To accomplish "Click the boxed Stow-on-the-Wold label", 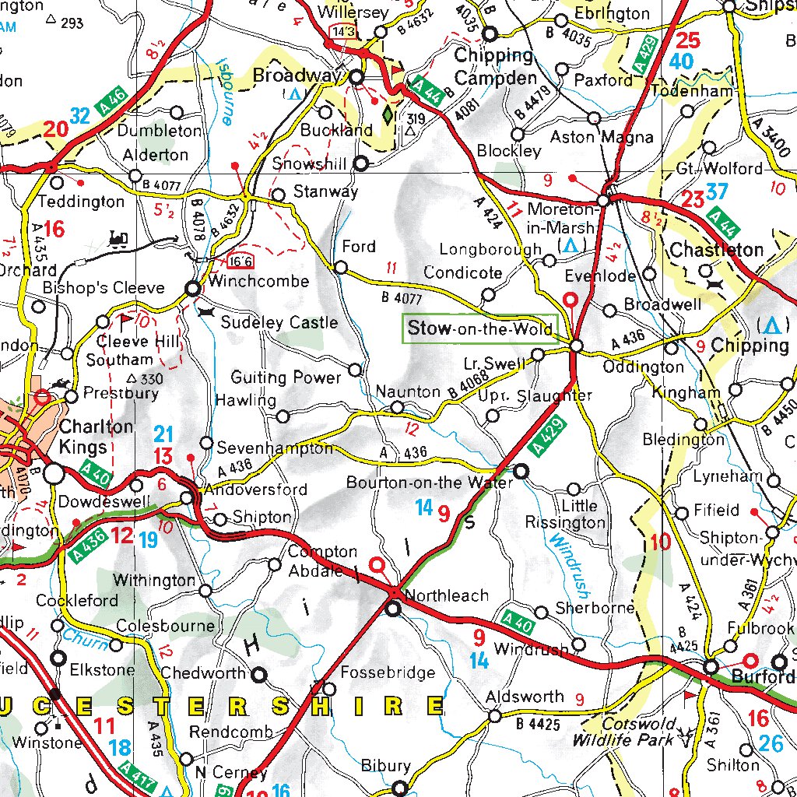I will pyautogui.click(x=480, y=328).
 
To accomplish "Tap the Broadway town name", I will pyautogui.click(x=297, y=77).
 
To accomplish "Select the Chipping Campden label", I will pyautogui.click(x=495, y=67).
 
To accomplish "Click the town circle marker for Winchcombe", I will pyautogui.click(x=192, y=289).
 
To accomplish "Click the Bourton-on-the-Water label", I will pyautogui.click(x=430, y=483).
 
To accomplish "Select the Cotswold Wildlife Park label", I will pyautogui.click(x=623, y=732).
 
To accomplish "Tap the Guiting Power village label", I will pyautogui.click(x=286, y=377).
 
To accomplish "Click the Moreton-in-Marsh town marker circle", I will pyautogui.click(x=604, y=202).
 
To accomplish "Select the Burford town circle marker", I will pyautogui.click(x=711, y=667).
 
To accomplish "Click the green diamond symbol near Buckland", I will pyautogui.click(x=388, y=114).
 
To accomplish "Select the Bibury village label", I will pyautogui.click(x=386, y=767).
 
